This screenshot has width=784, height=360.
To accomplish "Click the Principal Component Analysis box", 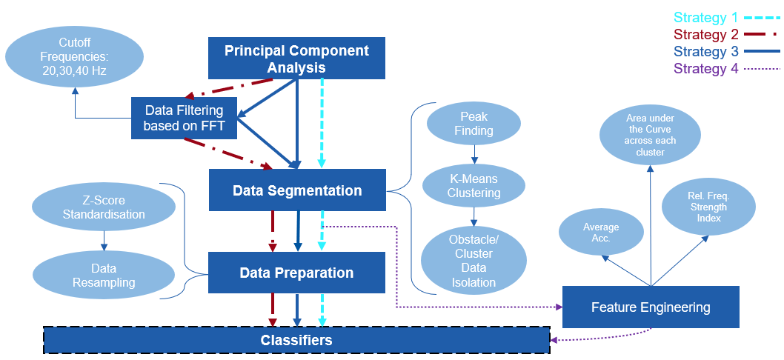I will [296, 59].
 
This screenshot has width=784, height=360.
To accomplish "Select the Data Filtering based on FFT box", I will [183, 118].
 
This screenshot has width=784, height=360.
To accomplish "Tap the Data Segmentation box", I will [297, 190].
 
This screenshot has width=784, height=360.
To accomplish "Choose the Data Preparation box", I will [296, 273].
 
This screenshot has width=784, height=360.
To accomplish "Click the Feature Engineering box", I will [651, 307].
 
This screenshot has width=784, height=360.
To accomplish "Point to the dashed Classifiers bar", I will [296, 340].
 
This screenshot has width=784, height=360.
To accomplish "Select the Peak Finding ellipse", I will [474, 124].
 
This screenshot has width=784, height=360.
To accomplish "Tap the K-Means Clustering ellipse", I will [474, 186].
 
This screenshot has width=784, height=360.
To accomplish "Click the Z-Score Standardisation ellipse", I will [104, 207].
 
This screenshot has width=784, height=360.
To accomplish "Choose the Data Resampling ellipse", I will [104, 274].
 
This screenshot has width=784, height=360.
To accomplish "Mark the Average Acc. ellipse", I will [601, 233].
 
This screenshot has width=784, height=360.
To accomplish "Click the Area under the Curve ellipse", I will [649, 135].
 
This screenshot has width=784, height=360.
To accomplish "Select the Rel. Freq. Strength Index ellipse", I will [707, 207].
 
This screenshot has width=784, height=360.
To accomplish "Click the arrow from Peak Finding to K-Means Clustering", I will [474, 154].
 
